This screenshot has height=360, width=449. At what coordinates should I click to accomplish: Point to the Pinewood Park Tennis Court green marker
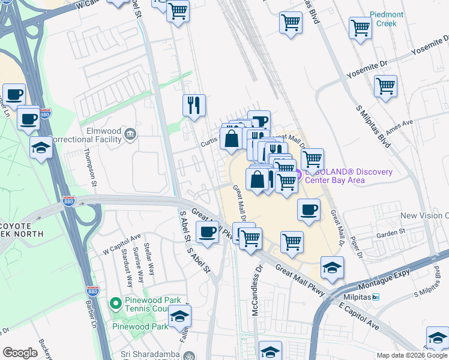(116, 304)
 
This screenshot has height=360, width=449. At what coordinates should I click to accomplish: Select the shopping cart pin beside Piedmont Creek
(360, 26)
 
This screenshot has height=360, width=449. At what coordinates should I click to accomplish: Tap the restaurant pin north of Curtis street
(194, 105)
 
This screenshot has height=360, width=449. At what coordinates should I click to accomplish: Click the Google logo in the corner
(20, 352)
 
